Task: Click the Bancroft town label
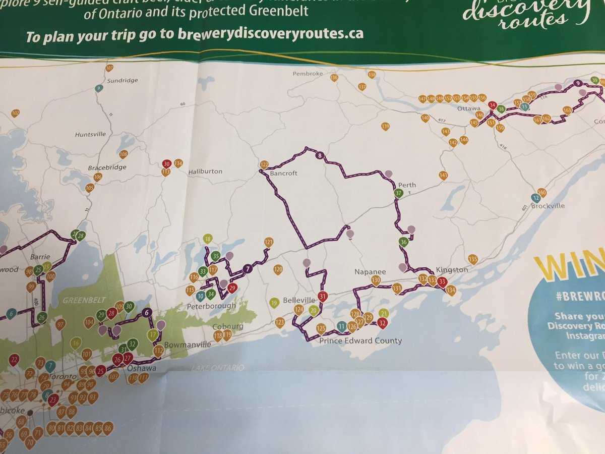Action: [x=284, y=173]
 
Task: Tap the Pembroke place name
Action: [x=308, y=74]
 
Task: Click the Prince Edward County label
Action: [x=361, y=340]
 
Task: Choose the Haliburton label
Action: [x=205, y=172]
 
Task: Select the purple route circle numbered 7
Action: [x=247, y=269]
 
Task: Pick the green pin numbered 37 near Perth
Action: [x=398, y=193]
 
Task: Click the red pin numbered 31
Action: [x=323, y=296]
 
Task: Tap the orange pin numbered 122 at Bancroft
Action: [x=264, y=164]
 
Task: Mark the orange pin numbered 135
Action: [x=472, y=259]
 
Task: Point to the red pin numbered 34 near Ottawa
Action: [x=493, y=105]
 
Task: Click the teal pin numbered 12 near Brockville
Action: [x=535, y=198]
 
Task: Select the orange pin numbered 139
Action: [x=386, y=126]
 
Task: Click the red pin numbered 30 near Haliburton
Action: [x=167, y=163]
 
